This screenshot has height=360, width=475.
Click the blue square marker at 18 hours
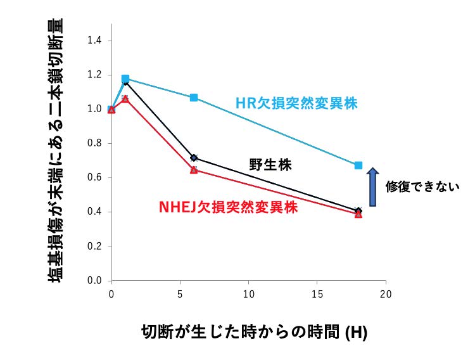358,165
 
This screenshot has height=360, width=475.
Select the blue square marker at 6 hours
194,98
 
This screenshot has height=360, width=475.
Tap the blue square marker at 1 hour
125,79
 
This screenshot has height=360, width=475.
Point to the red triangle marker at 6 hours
194,170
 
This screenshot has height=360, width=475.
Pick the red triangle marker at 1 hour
125,99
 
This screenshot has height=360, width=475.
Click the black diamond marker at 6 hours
194,158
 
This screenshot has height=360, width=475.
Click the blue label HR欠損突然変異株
296,103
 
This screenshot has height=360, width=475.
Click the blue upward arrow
373,186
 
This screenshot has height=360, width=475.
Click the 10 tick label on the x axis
249,294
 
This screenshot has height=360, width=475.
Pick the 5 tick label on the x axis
180,294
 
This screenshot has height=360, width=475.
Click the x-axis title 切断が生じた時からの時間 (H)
254,331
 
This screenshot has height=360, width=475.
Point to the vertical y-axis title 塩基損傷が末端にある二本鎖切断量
55,152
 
